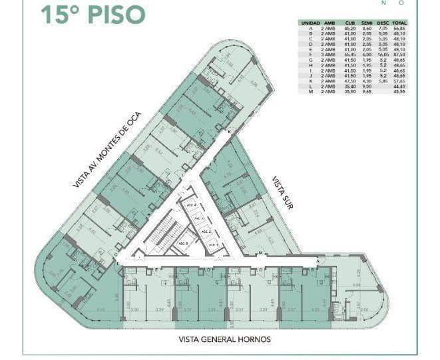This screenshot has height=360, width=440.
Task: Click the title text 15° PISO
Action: (x=93, y=14)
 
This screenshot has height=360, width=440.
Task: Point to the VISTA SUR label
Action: (x=284, y=193)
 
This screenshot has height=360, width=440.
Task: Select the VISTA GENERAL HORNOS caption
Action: (x=224, y=339)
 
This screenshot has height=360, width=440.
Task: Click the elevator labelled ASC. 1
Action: (x=214, y=245)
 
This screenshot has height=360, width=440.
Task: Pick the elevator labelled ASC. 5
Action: (x=183, y=243)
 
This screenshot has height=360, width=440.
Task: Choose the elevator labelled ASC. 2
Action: (x=206, y=231)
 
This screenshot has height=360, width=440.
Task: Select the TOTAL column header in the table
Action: (x=400, y=23)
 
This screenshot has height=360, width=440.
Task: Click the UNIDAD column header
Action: (x=310, y=23)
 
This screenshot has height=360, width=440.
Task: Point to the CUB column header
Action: (x=349, y=23)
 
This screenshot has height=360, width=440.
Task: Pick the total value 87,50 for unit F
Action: (x=400, y=55)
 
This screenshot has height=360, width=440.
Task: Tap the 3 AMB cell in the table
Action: (x=328, y=55)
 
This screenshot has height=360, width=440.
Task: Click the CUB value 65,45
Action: (x=349, y=55)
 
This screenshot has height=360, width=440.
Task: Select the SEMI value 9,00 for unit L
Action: (x=366, y=85)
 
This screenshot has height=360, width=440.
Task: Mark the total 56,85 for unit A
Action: (x=400, y=29)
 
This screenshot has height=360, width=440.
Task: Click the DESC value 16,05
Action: (x=383, y=55)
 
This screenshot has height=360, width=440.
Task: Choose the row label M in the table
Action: (x=310, y=90)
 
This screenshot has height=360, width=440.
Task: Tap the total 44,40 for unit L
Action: (x=400, y=85)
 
